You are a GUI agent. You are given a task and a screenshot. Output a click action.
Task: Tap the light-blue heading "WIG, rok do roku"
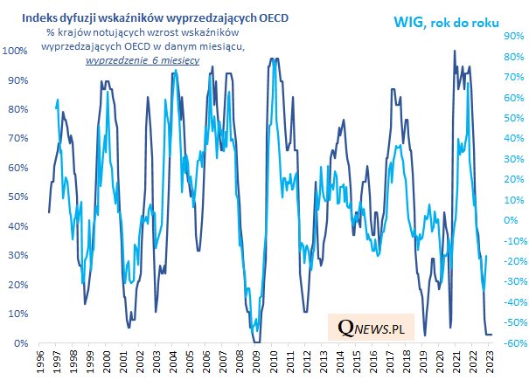[x=450, y=21]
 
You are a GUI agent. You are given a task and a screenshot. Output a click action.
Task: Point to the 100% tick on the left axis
[x=17, y=51]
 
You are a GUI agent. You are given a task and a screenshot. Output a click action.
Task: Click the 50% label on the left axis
[x=20, y=197]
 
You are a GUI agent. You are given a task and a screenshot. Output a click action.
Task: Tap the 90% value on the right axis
[x=512, y=36]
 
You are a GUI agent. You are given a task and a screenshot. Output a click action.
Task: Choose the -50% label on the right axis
[x=511, y=323]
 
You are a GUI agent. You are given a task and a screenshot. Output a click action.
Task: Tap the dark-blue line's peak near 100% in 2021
[x=455, y=52]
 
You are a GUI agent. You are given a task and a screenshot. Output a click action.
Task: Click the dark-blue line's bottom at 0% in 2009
[x=255, y=342]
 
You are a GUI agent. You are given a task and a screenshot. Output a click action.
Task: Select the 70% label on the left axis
[x=20, y=139]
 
